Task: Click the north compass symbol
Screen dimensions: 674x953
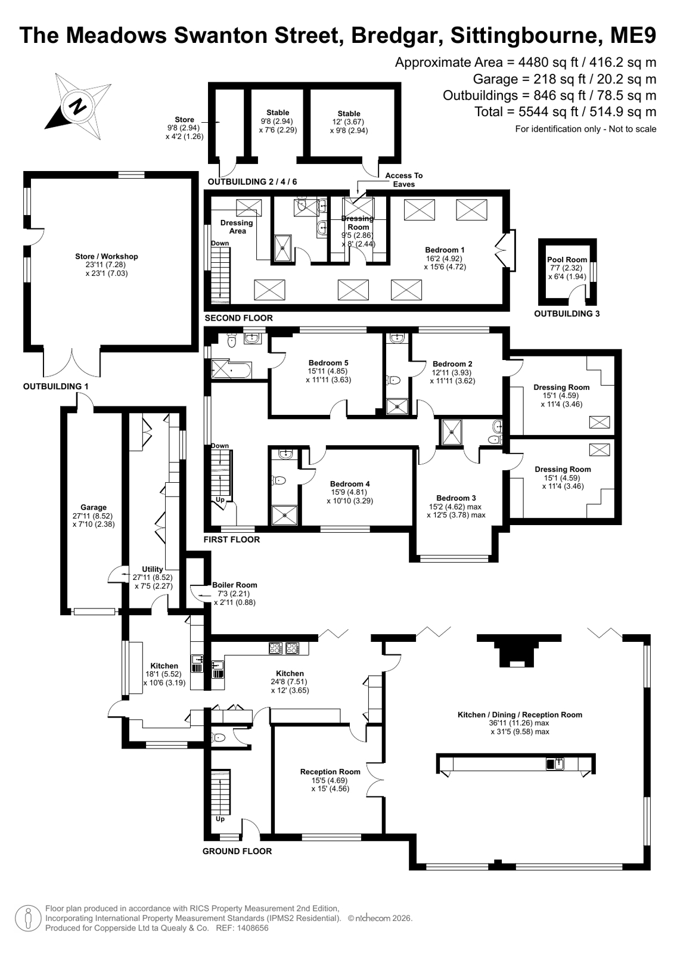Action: click(x=79, y=106)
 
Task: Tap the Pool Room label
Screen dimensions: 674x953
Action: click(x=567, y=259)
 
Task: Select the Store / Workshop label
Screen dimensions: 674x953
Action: click(x=107, y=256)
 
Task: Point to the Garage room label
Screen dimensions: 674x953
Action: click(x=94, y=507)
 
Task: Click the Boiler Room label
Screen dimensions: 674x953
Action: click(x=234, y=585)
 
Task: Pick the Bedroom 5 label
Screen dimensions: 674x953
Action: click(x=328, y=363)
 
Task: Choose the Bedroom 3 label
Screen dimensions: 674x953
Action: click(x=456, y=498)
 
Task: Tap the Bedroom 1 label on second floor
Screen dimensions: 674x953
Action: click(x=445, y=250)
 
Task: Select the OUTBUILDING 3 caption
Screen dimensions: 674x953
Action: click(x=567, y=313)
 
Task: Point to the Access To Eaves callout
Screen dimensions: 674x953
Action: click(x=404, y=179)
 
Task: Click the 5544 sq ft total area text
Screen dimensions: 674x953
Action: click(x=552, y=112)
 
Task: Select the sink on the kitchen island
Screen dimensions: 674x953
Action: click(x=555, y=764)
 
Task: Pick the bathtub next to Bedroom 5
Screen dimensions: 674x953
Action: click(x=231, y=370)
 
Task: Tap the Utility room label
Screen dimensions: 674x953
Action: click(x=153, y=569)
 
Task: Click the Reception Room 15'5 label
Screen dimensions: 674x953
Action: click(x=330, y=772)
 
